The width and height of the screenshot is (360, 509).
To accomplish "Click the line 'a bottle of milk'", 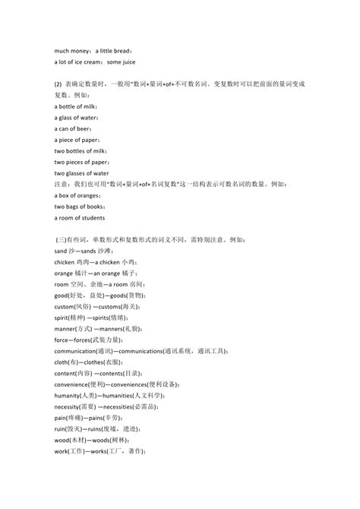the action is pyautogui.click(x=76, y=107).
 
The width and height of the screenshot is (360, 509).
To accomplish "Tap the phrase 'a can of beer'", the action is pyautogui.click(x=73, y=129).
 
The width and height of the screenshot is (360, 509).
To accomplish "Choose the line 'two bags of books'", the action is pyautogui.click(x=80, y=207).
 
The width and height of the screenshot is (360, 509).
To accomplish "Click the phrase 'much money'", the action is pyautogui.click(x=71, y=50).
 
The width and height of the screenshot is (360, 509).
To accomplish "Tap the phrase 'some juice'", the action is pyautogui.click(x=122, y=62).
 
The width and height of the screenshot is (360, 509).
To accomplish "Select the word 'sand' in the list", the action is pyautogui.click(x=62, y=250).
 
